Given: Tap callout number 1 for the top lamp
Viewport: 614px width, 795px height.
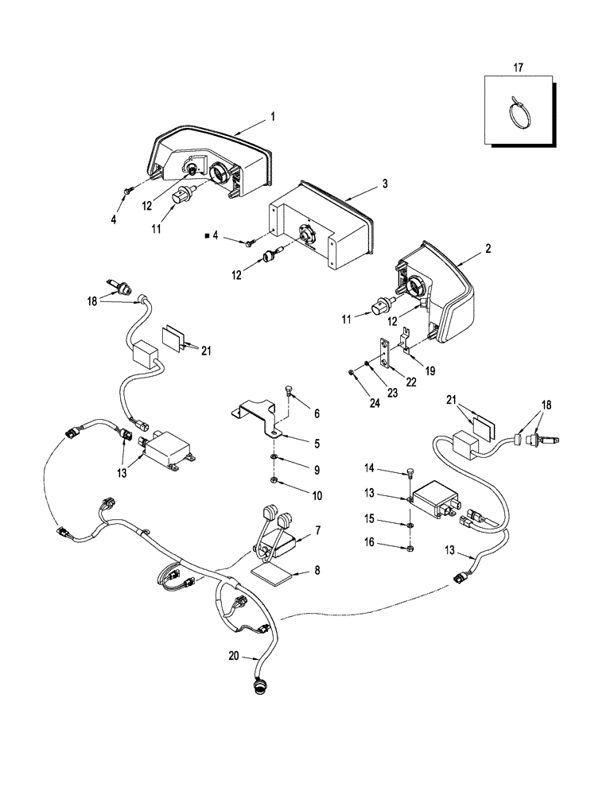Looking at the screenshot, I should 273,116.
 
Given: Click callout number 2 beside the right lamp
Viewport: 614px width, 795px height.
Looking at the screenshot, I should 487,249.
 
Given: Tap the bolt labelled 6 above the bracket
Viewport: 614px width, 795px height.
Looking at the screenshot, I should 289,390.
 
